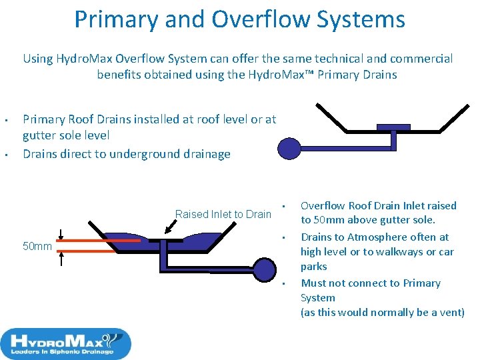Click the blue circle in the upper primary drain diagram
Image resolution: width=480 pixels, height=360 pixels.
pyautogui.click(x=290, y=148)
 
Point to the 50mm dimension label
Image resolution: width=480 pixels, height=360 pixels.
pyautogui.click(x=37, y=247)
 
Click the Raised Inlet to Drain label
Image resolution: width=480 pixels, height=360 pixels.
pyautogui.click(x=223, y=214)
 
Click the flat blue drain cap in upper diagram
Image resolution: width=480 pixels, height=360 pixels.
pyautogui.click(x=393, y=127)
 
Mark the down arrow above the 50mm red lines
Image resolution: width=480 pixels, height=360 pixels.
pyautogui.click(x=61, y=233)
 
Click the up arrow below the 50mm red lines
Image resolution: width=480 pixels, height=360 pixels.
pyautogui.click(x=61, y=259)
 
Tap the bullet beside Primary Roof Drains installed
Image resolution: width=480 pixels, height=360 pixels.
pyautogui.click(x=5, y=121)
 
